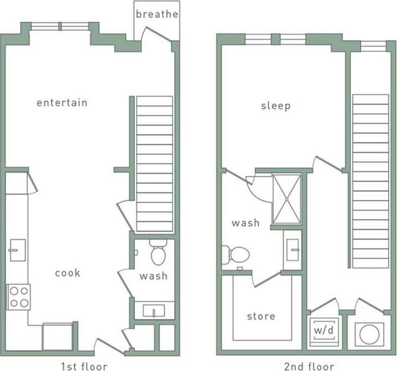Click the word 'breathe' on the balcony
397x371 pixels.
pyautogui.click(x=157, y=14)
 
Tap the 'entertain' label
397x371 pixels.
pyautogui.click(x=62, y=103)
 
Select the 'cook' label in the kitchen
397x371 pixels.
pyautogui.click(x=67, y=273)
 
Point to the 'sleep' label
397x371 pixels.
pyautogui.click(x=276, y=106)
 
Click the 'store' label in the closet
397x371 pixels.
pyautogui.click(x=260, y=316)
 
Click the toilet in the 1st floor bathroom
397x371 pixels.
pyautogui.click(x=159, y=253)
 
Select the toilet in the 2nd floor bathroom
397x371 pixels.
pyautogui.click(x=237, y=254)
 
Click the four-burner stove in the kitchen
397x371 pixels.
pyautogui.click(x=18, y=297)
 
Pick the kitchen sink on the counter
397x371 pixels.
pyautogui.click(x=17, y=250)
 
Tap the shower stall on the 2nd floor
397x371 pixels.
pyautogui.click(x=286, y=199)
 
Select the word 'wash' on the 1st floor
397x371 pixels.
pyautogui.click(x=153, y=276)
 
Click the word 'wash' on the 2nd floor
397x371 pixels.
pyautogui.click(x=245, y=223)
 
